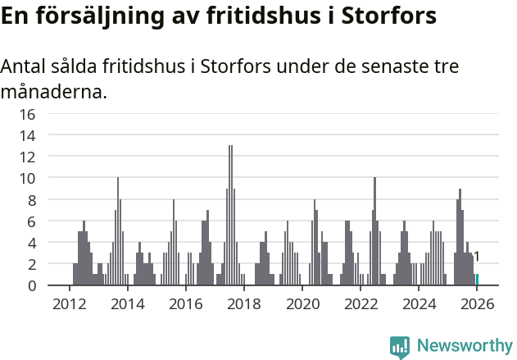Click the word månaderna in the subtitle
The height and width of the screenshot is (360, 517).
(x=53, y=91)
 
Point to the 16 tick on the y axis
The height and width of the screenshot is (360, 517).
(x=27, y=114)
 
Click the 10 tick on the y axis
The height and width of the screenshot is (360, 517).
(x=27, y=178)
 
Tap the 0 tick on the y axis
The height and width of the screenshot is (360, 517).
(x=31, y=285)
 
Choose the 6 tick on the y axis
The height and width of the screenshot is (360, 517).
(x=31, y=221)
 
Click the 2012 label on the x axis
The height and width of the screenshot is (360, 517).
(x=69, y=303)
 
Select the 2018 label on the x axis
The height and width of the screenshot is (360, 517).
(x=243, y=303)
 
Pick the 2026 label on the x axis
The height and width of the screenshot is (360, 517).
(x=476, y=303)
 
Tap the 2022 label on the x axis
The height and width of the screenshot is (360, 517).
(x=360, y=303)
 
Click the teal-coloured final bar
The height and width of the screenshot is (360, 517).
(x=477, y=280)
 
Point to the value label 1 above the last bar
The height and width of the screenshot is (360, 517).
(x=477, y=257)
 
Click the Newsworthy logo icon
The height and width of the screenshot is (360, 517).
(x=400, y=347)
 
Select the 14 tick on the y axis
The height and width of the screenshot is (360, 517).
(x=27, y=135)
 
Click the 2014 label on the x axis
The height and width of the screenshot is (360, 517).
(x=127, y=303)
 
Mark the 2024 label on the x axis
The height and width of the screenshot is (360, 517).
(x=418, y=303)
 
